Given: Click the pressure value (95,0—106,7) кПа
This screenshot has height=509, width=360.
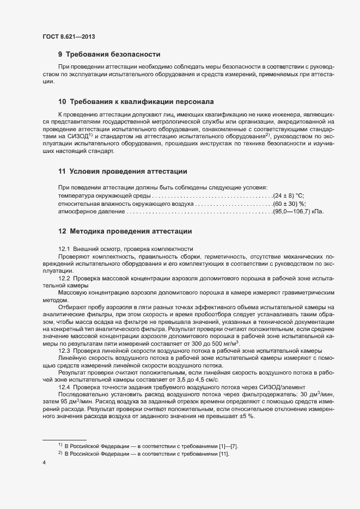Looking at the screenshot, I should click(x=298, y=211).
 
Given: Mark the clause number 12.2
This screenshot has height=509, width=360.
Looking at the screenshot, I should click(x=64, y=278).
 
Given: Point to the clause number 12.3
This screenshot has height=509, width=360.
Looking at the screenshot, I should click(x=64, y=351).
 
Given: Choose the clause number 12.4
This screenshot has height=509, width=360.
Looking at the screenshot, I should click(x=64, y=387).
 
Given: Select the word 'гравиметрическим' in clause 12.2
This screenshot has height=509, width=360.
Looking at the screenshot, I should click(x=303, y=293).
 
